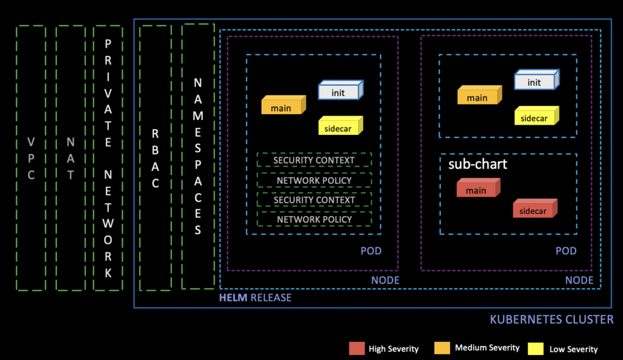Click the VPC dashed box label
31,158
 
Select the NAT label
71,158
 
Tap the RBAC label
155,157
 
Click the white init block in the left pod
339,92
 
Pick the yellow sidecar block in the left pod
339,127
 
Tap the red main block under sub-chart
478,189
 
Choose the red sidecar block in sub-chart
534,210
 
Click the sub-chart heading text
478,165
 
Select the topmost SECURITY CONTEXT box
314,160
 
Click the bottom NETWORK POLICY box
314,219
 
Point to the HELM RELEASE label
255,297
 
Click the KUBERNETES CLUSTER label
551,319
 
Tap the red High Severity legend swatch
357,348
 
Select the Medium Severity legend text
487,348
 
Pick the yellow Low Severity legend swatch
537,348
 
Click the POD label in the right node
566,251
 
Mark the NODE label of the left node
385,280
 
